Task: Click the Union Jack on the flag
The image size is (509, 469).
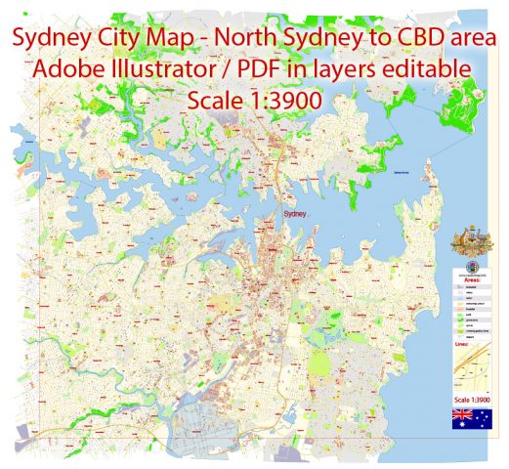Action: [461, 415]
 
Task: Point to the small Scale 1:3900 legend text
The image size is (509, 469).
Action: [472, 399]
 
